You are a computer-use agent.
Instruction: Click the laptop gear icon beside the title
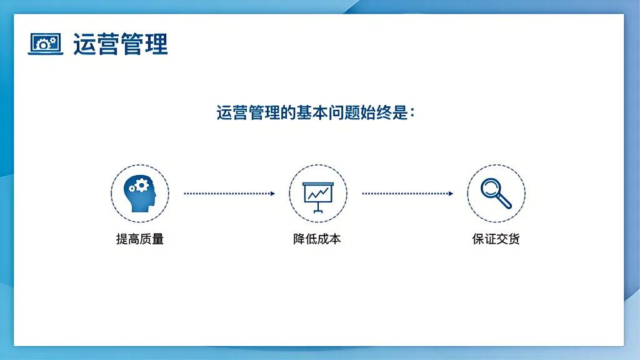tap(46, 44)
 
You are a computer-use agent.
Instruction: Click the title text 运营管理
tap(120, 44)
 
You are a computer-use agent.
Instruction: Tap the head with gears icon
tap(140, 193)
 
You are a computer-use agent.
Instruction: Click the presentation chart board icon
tap(318, 194)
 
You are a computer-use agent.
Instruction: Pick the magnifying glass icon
tap(496, 193)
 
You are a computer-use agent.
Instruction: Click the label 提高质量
tap(140, 239)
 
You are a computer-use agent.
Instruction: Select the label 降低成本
tap(317, 239)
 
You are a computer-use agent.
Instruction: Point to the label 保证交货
tap(496, 239)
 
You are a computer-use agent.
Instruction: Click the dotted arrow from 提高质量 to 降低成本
tap(229, 194)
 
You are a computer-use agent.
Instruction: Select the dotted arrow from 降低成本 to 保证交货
tap(407, 194)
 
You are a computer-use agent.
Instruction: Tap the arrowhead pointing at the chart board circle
tap(272, 194)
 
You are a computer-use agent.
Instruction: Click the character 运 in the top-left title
tap(84, 44)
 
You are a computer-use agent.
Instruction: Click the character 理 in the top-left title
tap(156, 44)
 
